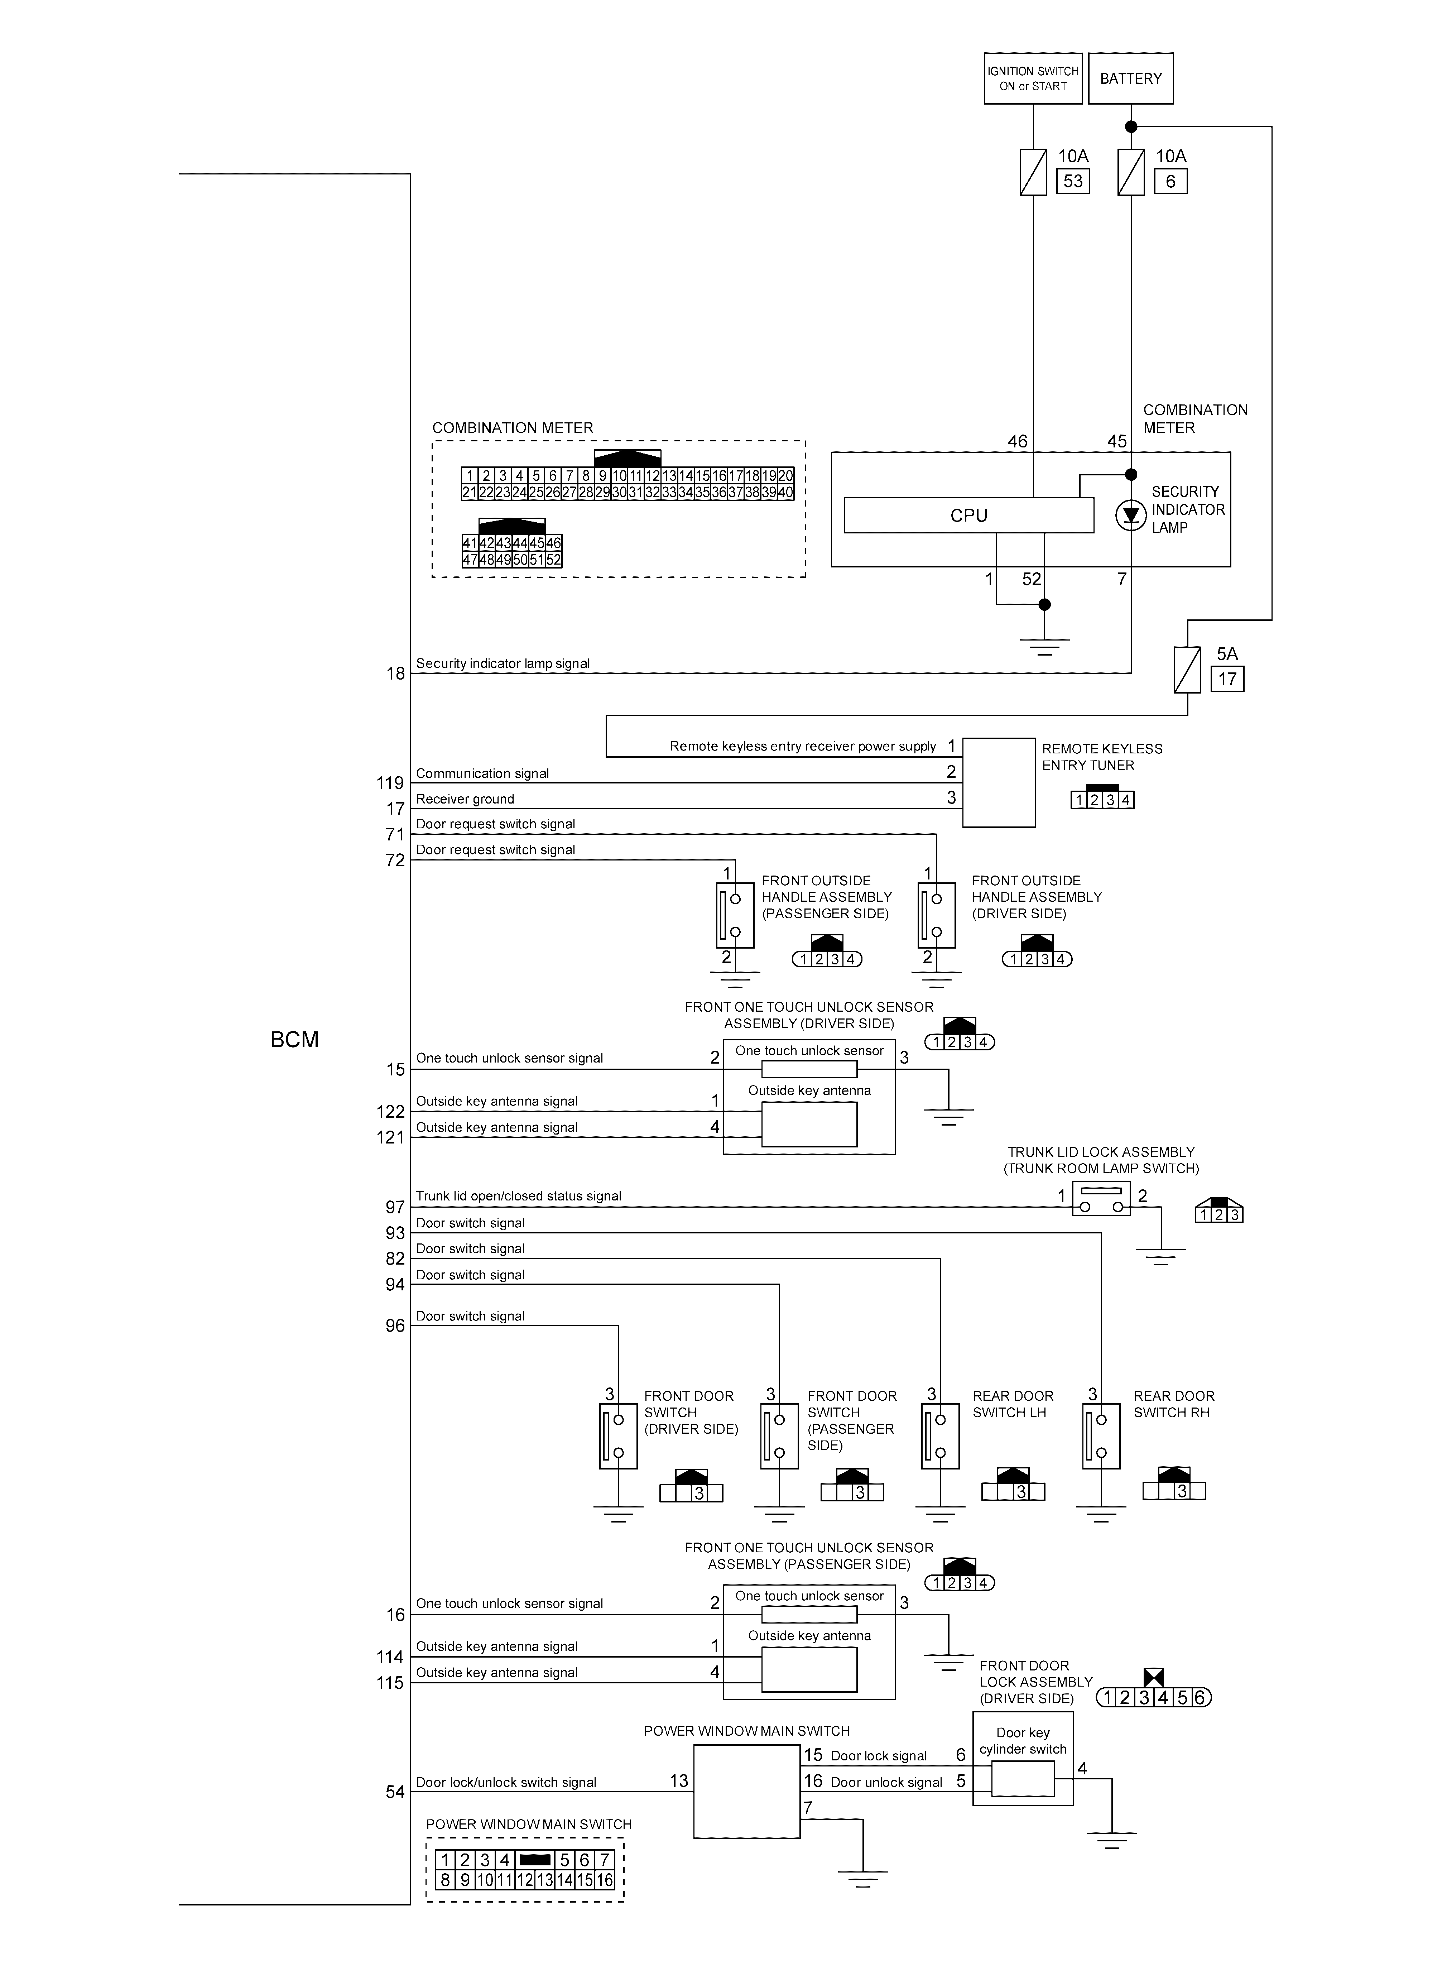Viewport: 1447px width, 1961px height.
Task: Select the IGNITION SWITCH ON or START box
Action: coord(1033,79)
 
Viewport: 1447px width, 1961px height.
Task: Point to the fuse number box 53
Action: coord(1073,181)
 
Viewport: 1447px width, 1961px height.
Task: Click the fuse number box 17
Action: coord(1227,679)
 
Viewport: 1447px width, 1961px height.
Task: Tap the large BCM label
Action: coord(294,1040)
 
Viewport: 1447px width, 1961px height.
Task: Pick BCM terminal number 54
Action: coord(395,1792)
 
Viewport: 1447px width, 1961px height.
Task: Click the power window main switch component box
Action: coord(746,1791)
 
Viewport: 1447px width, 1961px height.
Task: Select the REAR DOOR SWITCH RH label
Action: coord(1174,1404)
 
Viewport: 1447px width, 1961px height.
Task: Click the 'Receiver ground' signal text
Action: coord(465,799)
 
